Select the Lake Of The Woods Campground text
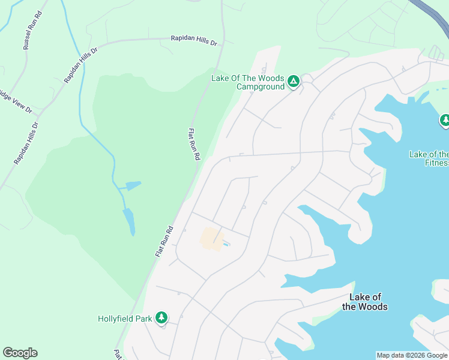click(x=247, y=82)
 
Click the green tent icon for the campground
click(x=293, y=81)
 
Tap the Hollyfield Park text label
click(x=125, y=319)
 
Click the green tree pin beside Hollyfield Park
click(x=161, y=317)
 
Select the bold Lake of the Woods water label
click(x=365, y=302)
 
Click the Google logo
click(x=20, y=353)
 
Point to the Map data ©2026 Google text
click(x=412, y=355)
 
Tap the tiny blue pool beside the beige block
click(x=226, y=244)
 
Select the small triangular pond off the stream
click(x=133, y=185)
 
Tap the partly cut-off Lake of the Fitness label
click(x=429, y=158)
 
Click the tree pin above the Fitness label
click(x=445, y=121)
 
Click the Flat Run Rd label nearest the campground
click(x=194, y=143)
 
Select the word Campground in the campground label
click(x=260, y=87)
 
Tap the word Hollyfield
click(x=116, y=319)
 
